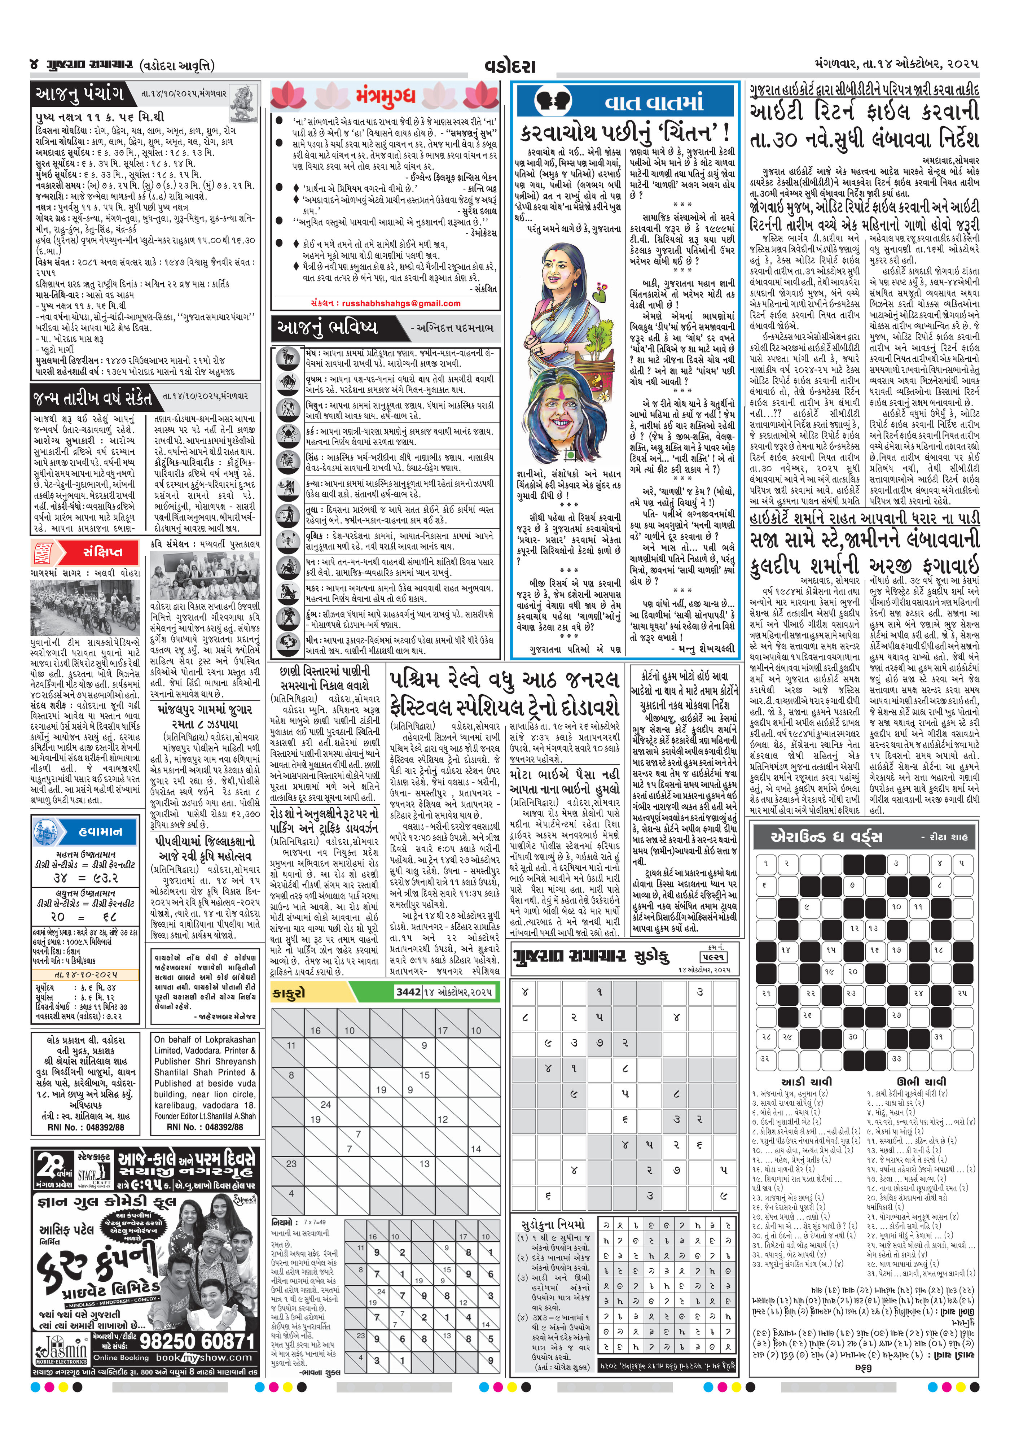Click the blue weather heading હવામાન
pos(101,831)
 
